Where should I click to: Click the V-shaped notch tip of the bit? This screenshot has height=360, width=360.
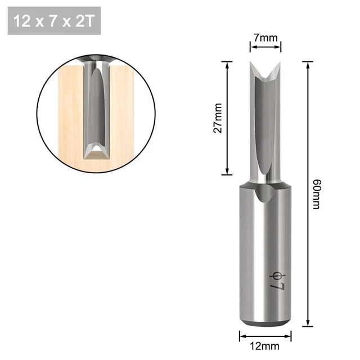263,77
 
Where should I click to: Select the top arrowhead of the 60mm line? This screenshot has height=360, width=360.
308,63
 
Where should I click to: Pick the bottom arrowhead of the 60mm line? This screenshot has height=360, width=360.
308,324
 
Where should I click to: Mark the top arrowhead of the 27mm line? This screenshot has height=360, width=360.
227,63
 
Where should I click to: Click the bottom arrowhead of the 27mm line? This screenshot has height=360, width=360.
227,174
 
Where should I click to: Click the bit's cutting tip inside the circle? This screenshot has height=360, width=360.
97,151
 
